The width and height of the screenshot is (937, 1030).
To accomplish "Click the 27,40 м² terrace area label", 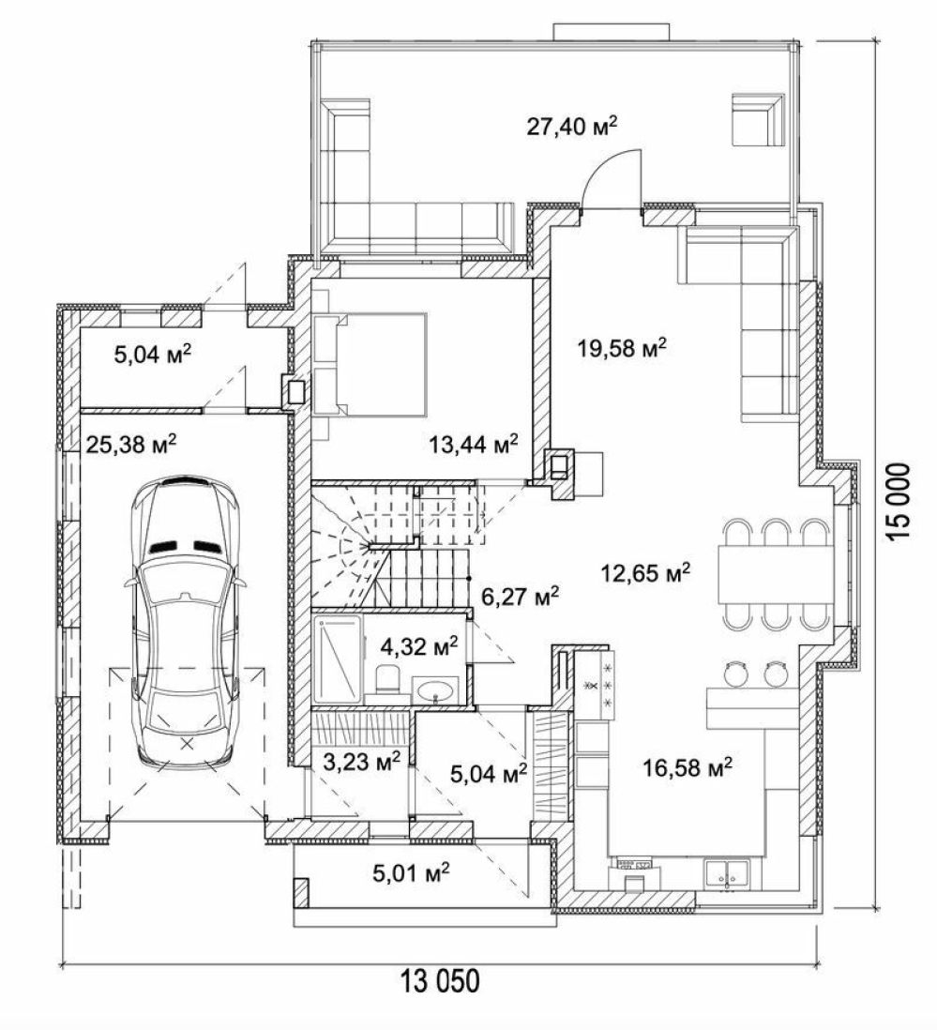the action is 571,126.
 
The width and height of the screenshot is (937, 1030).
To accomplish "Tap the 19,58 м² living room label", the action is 622,347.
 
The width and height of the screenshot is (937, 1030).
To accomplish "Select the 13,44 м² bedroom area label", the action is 474,444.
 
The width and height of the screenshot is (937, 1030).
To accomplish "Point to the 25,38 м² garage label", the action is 131,444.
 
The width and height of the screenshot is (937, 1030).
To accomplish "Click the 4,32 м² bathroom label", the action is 419,646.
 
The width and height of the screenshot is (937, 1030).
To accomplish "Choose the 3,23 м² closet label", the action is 362,763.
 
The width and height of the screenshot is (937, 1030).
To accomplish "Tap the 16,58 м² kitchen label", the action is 688,765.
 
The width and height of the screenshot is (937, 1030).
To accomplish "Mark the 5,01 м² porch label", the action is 411,873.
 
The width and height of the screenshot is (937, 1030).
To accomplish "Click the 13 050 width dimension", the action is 441,981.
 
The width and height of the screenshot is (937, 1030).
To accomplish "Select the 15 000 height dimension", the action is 899,502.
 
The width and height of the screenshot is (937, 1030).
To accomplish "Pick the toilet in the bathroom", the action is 387,678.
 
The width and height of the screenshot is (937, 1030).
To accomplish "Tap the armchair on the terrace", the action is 759,119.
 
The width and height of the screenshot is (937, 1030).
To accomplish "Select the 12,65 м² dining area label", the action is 645,573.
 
